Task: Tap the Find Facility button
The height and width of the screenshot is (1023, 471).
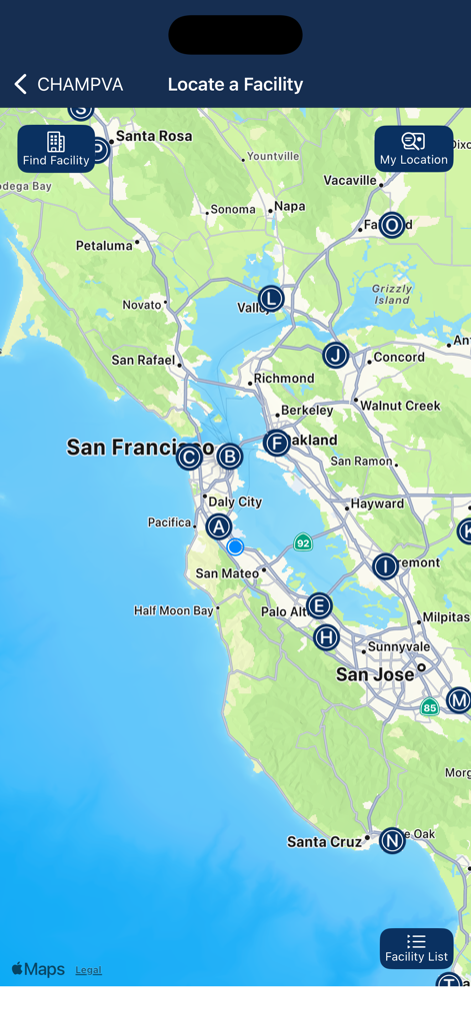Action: point(56,149)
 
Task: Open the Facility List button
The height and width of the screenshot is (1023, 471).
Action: point(416,948)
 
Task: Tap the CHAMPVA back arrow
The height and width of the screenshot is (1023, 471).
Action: point(21,85)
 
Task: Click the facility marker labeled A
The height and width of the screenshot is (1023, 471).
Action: point(219,526)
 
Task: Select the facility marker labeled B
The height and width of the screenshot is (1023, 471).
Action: point(230,457)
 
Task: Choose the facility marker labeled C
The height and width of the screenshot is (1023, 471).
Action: point(189,458)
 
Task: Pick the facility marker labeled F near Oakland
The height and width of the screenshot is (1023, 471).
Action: point(277,444)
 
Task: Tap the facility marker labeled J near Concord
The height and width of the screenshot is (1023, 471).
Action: point(336,356)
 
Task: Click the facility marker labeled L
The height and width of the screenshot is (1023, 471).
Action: point(271,299)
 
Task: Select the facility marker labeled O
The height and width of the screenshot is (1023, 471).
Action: point(392,225)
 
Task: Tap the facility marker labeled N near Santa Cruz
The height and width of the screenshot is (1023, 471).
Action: point(392,841)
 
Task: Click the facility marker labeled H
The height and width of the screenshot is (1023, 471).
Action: point(326,637)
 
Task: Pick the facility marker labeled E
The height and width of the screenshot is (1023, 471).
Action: point(319,605)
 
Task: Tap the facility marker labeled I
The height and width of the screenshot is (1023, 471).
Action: point(385,566)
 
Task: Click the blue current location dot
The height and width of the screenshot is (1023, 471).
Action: point(235,546)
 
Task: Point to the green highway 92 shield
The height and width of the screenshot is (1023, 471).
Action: point(303,542)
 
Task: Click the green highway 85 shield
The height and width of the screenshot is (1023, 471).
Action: point(429,707)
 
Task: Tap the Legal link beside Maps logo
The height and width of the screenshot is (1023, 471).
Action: point(88,970)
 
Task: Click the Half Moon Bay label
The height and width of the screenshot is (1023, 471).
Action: point(173,610)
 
